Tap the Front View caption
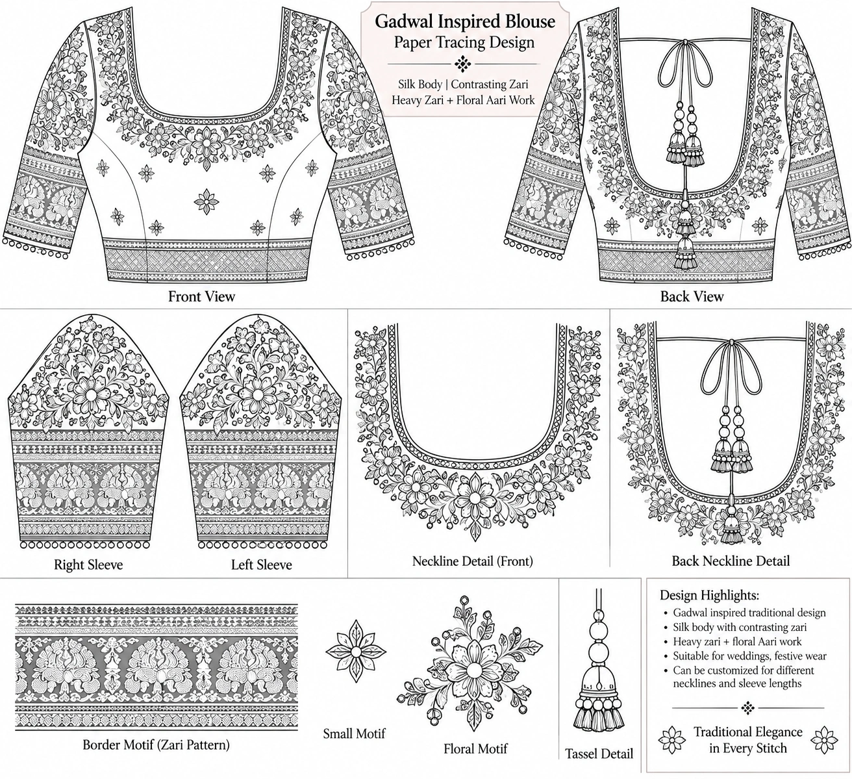click(202, 296)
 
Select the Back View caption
click(692, 296)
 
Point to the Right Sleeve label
click(88, 565)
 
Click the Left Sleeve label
click(262, 565)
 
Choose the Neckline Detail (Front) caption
click(472, 561)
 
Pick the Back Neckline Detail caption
click(731, 561)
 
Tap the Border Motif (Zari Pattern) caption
click(156, 745)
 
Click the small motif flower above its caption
click(356, 652)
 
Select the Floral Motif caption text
click(475, 748)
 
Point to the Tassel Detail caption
click(599, 754)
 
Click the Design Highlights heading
click(709, 595)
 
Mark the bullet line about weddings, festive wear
click(749, 656)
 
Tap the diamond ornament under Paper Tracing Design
click(463, 64)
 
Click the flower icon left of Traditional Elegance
click(672, 740)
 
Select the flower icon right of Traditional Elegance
click(824, 740)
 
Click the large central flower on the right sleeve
click(91, 394)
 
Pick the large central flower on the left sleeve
click(257, 394)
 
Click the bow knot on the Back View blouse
click(684, 42)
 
